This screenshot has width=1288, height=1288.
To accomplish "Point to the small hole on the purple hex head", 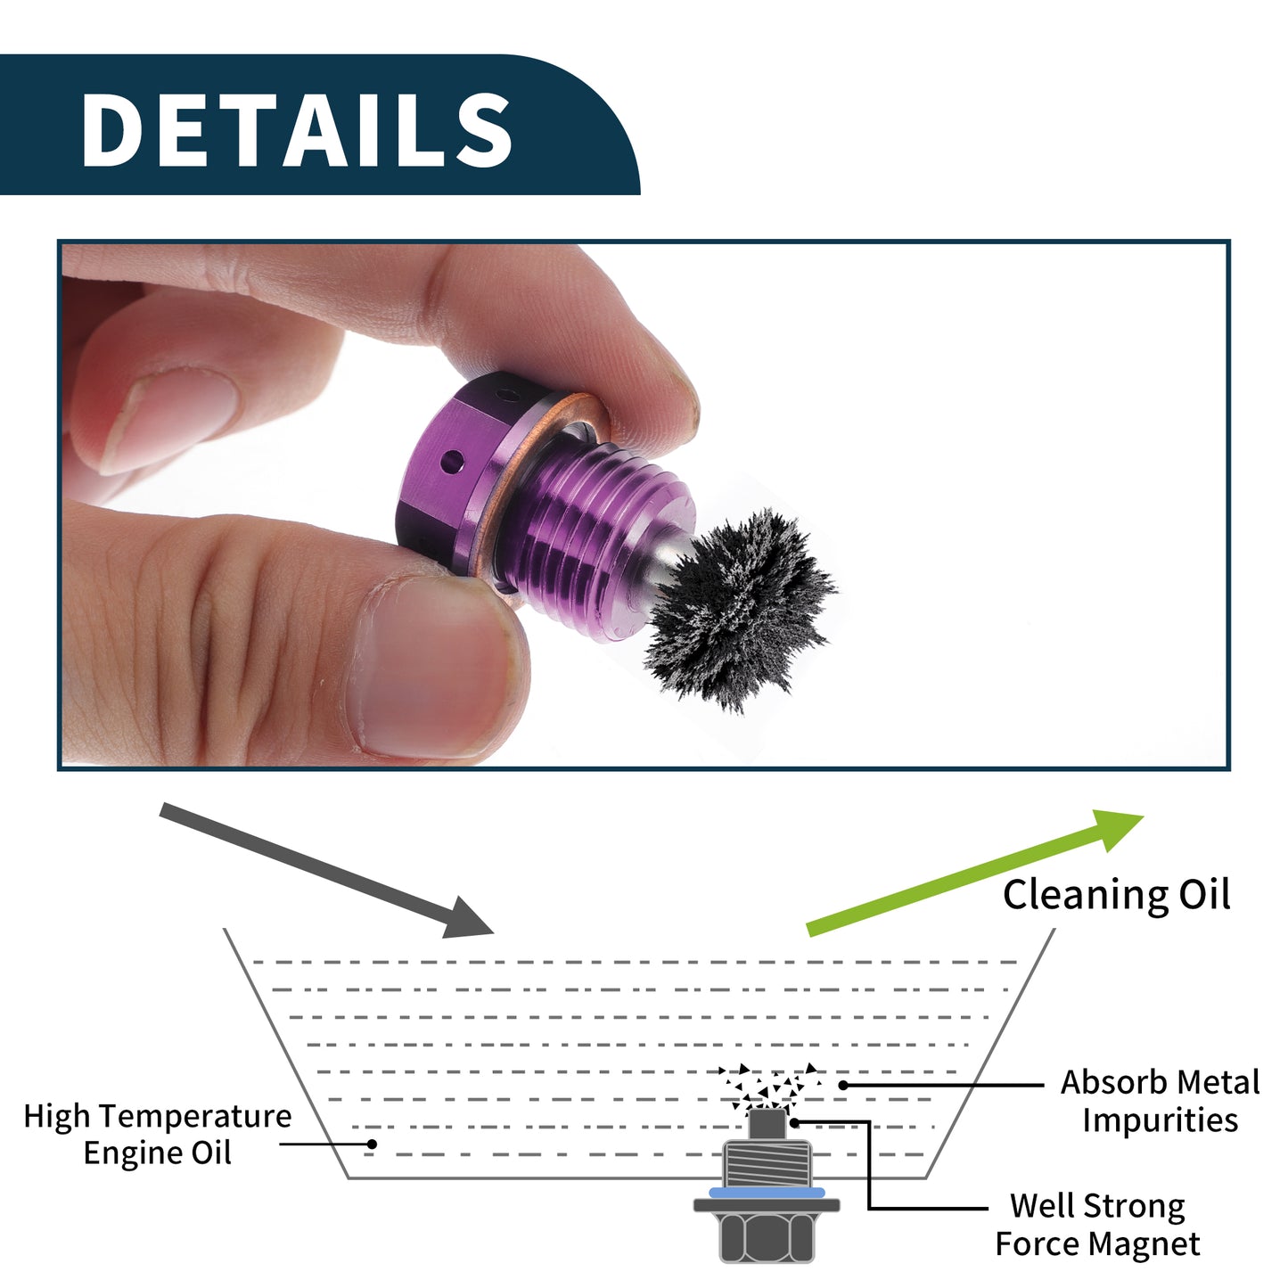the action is tap(453, 461).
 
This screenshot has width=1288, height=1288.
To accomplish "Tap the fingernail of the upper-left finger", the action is tap(167, 420).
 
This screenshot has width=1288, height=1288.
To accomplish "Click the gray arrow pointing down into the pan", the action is tap(326, 870).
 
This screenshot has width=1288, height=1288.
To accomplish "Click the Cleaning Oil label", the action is tap(1116, 895).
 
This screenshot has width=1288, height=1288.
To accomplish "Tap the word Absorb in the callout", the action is tap(1112, 1082).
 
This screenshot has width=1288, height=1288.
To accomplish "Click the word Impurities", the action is tap(1161, 1120).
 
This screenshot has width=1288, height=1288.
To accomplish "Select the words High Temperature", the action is tap(158, 1116).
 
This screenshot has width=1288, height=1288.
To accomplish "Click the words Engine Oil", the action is tap(158, 1153).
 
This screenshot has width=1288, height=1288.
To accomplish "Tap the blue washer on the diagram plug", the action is tap(767, 1193).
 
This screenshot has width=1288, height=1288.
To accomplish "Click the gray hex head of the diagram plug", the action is tap(767, 1236).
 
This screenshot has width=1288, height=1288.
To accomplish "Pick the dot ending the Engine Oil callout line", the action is tap(372, 1144).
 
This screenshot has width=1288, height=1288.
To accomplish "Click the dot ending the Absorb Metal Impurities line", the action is tap(843, 1085).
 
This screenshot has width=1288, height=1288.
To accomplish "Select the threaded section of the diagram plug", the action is tap(767, 1163).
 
